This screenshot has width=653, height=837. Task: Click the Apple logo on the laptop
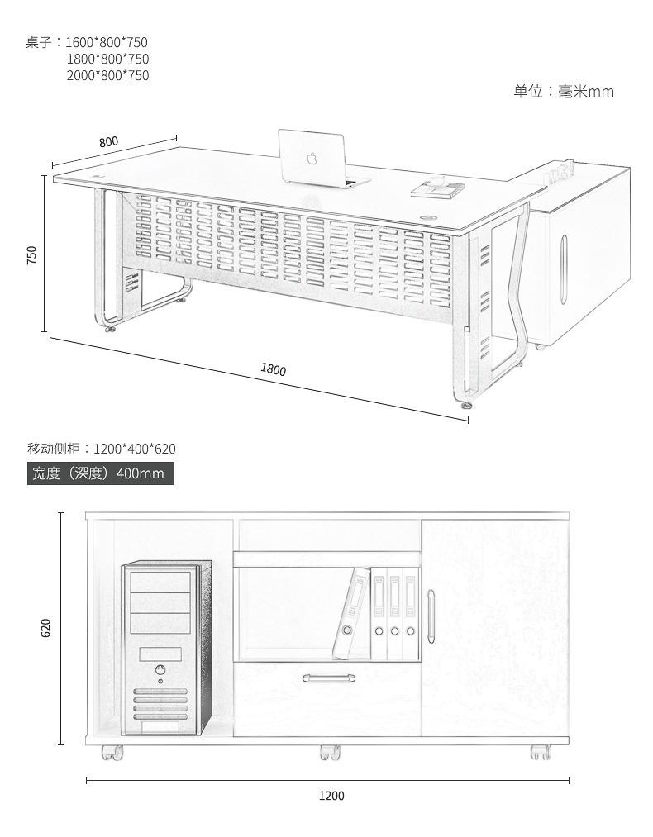click(x=312, y=157)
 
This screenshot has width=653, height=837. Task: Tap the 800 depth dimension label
click(x=108, y=141)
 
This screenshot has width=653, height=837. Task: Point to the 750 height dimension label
click(x=31, y=254)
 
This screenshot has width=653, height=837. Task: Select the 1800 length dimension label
click(x=274, y=369)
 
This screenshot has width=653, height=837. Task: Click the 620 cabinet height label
click(x=46, y=628)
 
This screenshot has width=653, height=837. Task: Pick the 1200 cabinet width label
click(x=331, y=796)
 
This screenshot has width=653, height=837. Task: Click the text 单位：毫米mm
click(x=564, y=91)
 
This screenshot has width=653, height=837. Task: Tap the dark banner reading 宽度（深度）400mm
click(x=101, y=473)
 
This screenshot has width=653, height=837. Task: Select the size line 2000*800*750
click(x=107, y=75)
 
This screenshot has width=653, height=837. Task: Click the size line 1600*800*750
click(x=107, y=42)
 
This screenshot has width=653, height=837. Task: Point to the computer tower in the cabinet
click(x=165, y=649)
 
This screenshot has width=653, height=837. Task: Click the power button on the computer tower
click(x=159, y=670)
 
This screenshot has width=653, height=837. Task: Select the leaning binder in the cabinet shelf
click(x=350, y=614)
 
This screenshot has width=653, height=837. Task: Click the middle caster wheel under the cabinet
click(x=330, y=753)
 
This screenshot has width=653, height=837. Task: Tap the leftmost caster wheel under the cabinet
click(x=112, y=753)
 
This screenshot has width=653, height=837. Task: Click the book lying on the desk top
click(x=437, y=189)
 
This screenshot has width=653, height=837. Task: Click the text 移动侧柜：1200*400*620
click(x=102, y=449)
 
